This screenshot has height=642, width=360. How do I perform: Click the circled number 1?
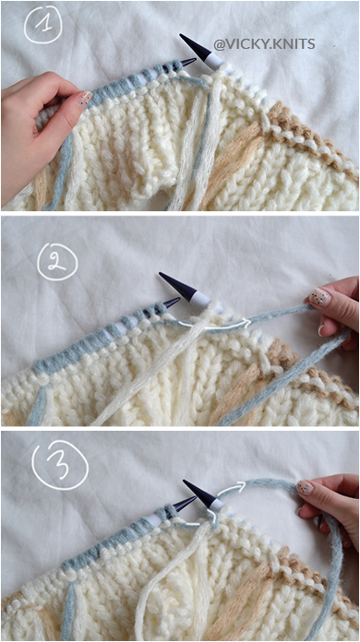pyautogui.click(x=44, y=24)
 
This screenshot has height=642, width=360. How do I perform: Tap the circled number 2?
pyautogui.click(x=58, y=262)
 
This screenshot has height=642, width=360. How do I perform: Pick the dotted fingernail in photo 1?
pyautogui.click(x=84, y=99)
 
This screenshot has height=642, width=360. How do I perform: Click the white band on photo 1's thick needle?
pyautogui.click(x=214, y=61)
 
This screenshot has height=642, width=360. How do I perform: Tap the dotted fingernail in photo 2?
pyautogui.click(x=320, y=297)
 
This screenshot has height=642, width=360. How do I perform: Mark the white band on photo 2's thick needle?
pyautogui.click(x=200, y=300)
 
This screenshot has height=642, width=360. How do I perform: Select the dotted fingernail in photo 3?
pyautogui.click(x=305, y=487)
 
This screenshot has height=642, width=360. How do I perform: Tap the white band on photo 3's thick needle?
pyautogui.click(x=217, y=505)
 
